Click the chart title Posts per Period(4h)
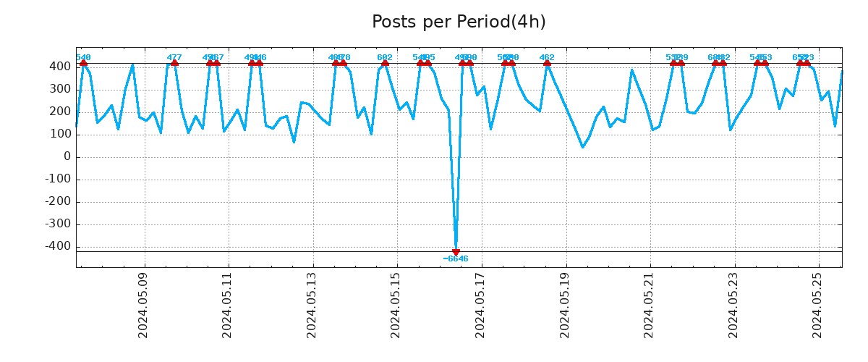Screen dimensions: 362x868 coord(459,22)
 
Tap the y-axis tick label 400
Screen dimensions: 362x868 coord(60,67)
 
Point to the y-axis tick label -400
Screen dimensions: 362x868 coord(58,246)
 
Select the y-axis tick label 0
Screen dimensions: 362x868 coord(67,156)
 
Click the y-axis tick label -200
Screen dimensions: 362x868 coord(58,201)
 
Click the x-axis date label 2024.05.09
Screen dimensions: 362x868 coord(142,305)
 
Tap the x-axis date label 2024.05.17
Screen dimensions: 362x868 coord(480,305)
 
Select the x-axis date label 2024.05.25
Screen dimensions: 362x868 coord(818,305)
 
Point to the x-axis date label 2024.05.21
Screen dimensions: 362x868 coord(649,305)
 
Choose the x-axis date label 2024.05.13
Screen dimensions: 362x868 coord(312,305)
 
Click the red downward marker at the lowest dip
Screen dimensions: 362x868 coord(456,252)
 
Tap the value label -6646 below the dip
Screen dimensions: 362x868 coord(456,259)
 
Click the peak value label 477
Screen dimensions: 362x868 coord(174,57)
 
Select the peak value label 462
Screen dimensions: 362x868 coord(547,57)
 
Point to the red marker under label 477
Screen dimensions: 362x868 coord(174,63)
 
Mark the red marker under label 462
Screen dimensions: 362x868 coord(547,63)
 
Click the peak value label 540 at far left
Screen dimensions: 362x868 coord(83,57)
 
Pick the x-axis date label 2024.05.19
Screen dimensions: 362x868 coord(565,305)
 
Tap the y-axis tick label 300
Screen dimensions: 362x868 coord(60,89)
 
